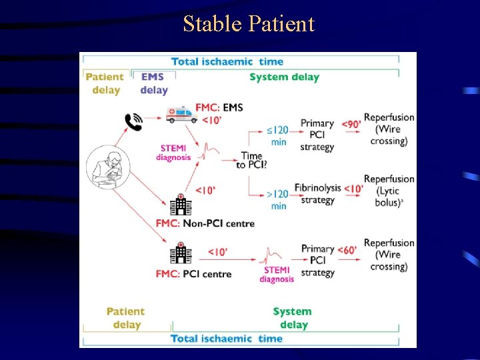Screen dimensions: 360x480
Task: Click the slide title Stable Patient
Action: tap(249, 24)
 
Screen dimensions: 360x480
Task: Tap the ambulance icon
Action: tap(181, 115)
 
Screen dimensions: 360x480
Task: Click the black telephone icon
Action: tap(133, 122)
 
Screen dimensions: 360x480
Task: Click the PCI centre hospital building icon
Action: tap(180, 253)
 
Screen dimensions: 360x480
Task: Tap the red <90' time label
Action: tap(351, 124)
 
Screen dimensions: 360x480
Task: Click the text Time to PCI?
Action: tap(252, 160)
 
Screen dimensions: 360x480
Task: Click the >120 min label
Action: tap(278, 199)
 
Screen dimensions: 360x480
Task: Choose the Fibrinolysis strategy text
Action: tap(318, 194)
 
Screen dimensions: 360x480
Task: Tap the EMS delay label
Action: tap(154, 84)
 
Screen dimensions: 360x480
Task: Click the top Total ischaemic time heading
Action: tap(227, 61)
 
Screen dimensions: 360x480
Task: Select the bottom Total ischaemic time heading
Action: tap(227, 339)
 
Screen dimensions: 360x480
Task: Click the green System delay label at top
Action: tap(284, 77)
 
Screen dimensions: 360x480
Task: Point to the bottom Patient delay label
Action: tap(125, 318)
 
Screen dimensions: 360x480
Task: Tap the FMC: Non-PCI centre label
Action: tap(205, 223)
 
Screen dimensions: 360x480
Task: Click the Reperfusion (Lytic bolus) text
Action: tap(389, 191)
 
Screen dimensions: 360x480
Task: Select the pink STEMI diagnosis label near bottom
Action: tap(277, 274)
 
